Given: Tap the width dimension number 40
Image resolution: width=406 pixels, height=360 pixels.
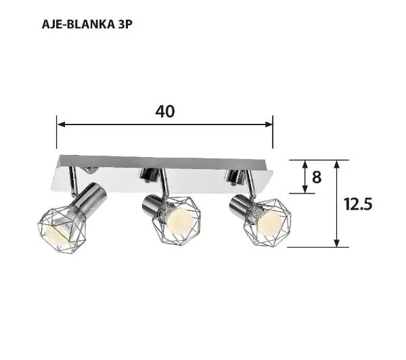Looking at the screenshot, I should point(164,112).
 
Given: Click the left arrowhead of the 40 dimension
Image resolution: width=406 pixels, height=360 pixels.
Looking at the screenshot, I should point(60,125).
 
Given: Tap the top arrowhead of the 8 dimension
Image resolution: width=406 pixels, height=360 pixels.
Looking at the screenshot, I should point(304,163).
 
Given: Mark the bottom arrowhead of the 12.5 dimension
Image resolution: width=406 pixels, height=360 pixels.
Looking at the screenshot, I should point(336,243).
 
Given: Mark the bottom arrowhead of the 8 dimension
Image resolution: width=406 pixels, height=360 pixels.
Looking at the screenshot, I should point(304,190).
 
